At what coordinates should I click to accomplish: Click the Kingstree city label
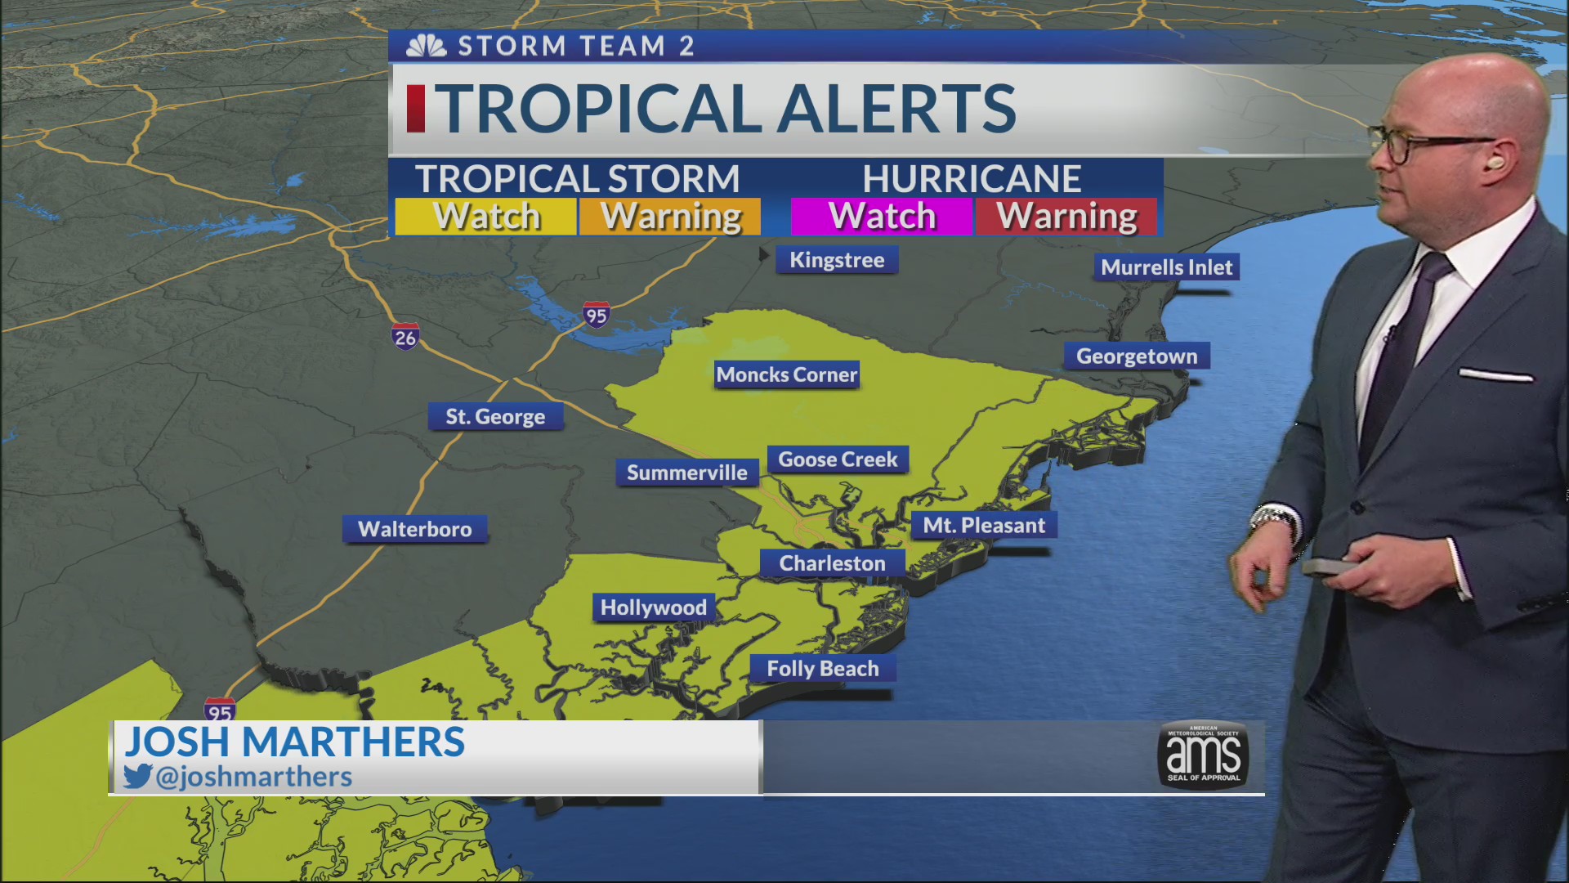click(x=837, y=260)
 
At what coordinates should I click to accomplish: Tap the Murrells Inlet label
click(x=1166, y=267)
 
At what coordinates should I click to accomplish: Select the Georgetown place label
click(x=1136, y=356)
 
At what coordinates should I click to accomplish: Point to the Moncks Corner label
click(x=786, y=375)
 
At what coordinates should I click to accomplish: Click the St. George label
click(x=495, y=417)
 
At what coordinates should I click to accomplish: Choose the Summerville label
click(x=686, y=473)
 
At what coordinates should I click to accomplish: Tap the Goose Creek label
click(x=838, y=459)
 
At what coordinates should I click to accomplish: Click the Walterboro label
click(x=414, y=529)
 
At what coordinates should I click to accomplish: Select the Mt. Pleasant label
click(x=984, y=526)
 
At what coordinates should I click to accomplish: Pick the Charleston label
click(x=832, y=563)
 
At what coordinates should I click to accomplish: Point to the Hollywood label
click(x=653, y=607)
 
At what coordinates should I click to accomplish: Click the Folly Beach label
click(x=822, y=669)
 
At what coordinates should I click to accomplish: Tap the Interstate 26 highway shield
click(x=405, y=337)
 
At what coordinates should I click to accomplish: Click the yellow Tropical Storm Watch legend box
click(x=486, y=217)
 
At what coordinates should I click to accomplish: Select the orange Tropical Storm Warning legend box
click(x=670, y=217)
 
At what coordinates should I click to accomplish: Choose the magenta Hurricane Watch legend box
click(x=882, y=217)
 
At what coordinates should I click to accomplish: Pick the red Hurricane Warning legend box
click(x=1066, y=217)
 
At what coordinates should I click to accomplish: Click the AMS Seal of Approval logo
click(x=1203, y=755)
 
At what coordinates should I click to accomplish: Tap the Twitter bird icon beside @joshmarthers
click(x=138, y=776)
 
